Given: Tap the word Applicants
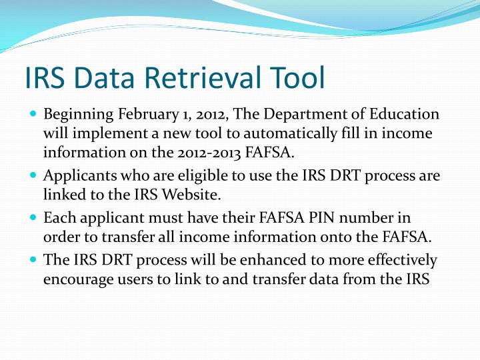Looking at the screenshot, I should tap(73, 176).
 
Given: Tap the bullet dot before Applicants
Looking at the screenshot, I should tap(33, 176).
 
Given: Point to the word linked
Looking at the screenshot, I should tap(61, 195).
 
